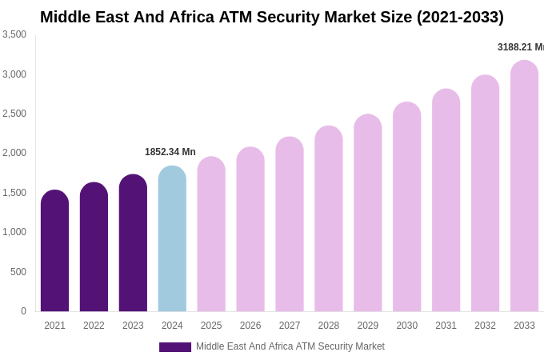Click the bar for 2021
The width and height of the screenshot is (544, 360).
click(54, 251)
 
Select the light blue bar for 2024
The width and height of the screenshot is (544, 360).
click(172, 239)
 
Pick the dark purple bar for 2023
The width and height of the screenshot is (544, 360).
click(133, 243)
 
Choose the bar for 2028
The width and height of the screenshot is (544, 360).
click(328, 219)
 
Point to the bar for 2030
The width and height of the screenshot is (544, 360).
click(406, 207)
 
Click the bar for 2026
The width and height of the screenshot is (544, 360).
click(250, 230)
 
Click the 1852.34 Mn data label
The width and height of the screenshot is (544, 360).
click(170, 152)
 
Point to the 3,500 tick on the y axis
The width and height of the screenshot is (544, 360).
click(14, 34)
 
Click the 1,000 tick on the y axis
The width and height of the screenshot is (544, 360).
click(14, 232)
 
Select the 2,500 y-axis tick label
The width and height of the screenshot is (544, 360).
click(14, 114)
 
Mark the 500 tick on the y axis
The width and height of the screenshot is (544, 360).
click(18, 272)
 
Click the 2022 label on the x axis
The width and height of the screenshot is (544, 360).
click(94, 326)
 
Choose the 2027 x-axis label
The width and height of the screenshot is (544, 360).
click(290, 326)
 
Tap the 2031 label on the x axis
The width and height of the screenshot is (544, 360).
click(446, 326)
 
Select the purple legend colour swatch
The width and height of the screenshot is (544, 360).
click(175, 347)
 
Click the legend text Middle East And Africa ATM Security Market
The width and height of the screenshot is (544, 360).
click(290, 346)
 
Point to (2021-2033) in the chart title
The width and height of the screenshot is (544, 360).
click(460, 17)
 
